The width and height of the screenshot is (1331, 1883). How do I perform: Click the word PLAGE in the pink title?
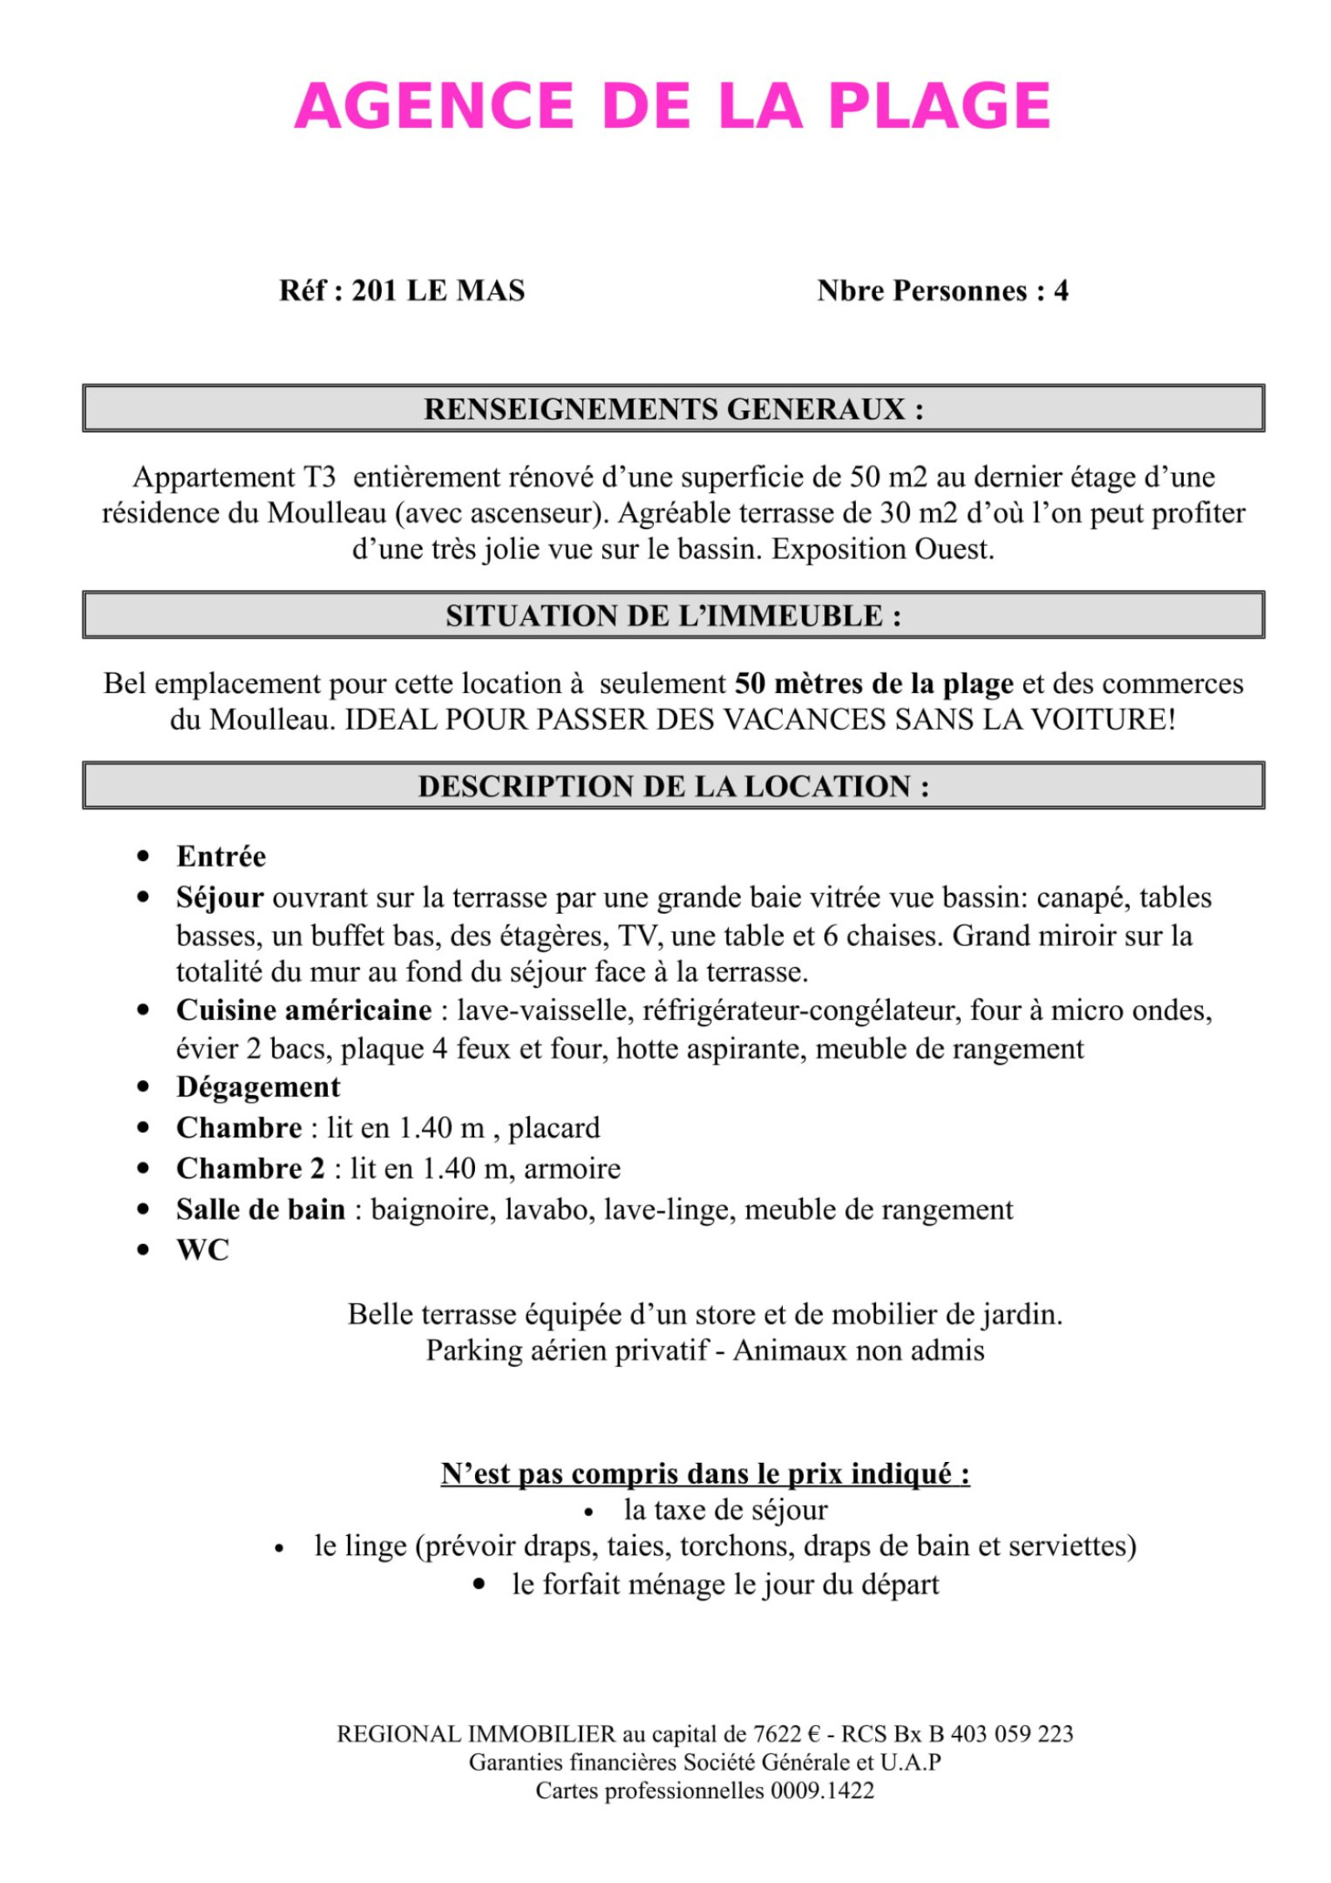click(x=939, y=107)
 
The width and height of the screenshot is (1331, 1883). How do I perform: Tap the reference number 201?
click(x=374, y=290)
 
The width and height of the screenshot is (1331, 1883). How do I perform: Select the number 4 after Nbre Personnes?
click(x=1061, y=290)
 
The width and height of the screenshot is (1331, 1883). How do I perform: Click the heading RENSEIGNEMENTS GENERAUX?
click(x=673, y=409)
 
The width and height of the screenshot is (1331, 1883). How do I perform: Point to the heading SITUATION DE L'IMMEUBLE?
click(x=673, y=616)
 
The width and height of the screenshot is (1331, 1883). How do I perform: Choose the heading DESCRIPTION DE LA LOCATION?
click(x=673, y=786)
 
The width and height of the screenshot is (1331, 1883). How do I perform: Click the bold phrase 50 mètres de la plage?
click(x=873, y=684)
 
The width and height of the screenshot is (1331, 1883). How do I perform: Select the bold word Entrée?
click(x=221, y=856)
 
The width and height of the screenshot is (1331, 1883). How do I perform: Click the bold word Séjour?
click(x=220, y=898)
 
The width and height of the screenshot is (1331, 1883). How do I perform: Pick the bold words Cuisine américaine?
click(x=304, y=1010)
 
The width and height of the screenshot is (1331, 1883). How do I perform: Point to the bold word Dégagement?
click(x=258, y=1087)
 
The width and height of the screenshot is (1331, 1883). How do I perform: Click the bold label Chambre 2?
click(x=250, y=1168)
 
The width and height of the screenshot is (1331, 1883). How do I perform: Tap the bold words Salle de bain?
click(x=260, y=1209)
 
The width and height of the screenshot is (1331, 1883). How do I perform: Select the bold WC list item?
click(x=202, y=1250)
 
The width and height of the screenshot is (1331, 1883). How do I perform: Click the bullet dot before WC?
click(x=144, y=1250)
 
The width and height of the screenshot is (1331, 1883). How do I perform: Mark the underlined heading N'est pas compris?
click(x=705, y=1474)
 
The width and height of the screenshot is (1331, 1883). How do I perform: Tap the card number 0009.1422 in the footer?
click(x=822, y=1791)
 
